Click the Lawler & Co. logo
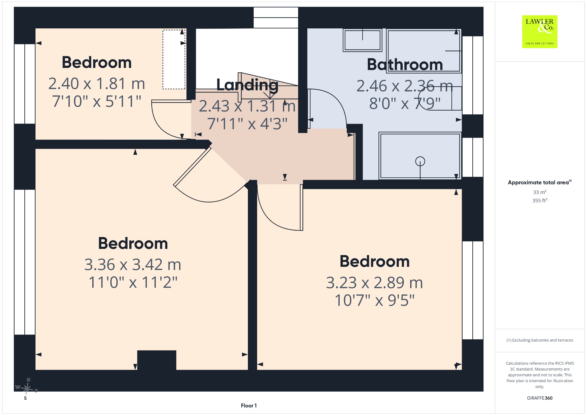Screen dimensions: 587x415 point(540,32)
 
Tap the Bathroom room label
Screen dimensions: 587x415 point(405,64)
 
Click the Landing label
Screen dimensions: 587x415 point(247,85)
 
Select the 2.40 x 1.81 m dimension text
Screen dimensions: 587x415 point(97,84)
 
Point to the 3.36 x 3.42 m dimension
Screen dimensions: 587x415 point(133,265)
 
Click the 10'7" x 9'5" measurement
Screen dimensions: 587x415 point(375,300)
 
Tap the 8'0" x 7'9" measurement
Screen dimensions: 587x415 point(405,103)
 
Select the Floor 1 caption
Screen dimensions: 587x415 point(249,406)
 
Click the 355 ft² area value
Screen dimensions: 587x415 point(540,201)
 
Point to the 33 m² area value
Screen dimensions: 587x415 point(540,192)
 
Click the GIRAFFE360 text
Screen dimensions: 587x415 point(540,398)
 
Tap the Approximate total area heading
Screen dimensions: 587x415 point(540,182)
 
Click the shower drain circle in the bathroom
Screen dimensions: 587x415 point(420,161)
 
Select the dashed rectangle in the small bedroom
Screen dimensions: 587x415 point(174,59)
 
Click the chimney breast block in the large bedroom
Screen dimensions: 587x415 point(157,360)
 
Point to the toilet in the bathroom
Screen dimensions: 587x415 point(440,98)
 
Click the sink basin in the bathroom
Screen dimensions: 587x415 point(363,40)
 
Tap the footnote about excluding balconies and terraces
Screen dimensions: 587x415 point(540,340)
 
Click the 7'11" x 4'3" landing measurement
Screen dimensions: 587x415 point(247,124)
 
